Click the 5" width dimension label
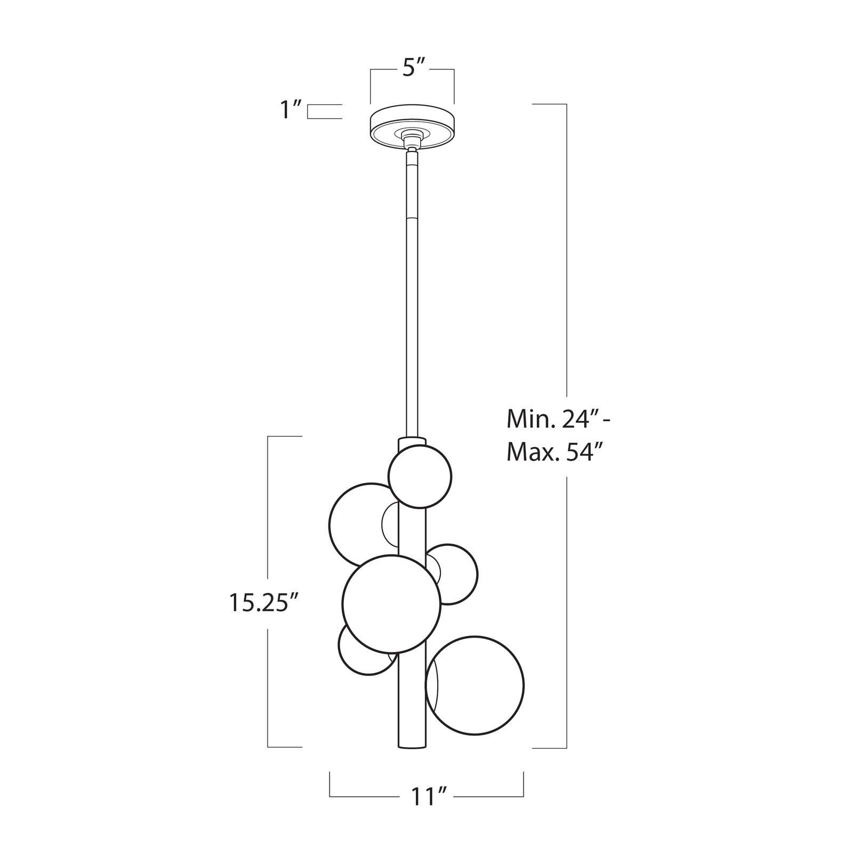click(x=413, y=69)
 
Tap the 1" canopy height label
click(x=291, y=111)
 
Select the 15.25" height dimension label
click(x=262, y=602)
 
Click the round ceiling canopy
click(x=412, y=126)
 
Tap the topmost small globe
click(x=420, y=476)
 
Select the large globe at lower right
click(x=474, y=685)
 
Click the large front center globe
click(x=392, y=604)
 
